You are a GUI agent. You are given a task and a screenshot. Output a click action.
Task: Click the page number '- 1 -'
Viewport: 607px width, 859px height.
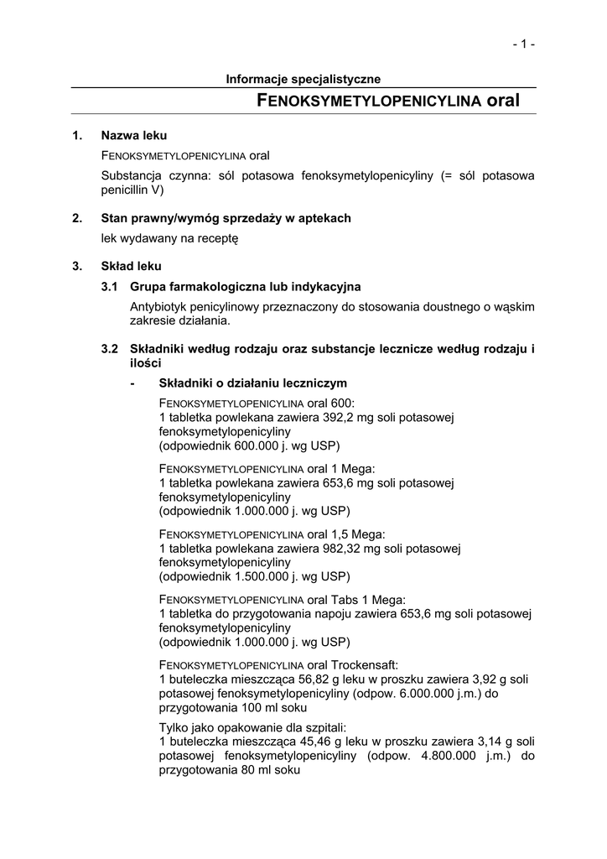pyautogui.click(x=524, y=44)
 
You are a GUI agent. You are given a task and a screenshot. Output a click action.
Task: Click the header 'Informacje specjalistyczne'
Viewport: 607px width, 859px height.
pyautogui.click(x=303, y=79)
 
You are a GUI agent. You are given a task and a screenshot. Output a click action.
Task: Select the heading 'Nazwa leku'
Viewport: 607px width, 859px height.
pyautogui.click(x=134, y=135)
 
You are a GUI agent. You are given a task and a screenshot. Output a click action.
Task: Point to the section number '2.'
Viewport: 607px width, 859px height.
pyautogui.click(x=77, y=218)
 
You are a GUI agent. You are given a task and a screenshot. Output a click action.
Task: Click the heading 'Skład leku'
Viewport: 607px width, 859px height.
pyautogui.click(x=131, y=267)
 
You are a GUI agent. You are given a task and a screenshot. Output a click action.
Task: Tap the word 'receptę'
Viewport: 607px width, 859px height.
pyautogui.click(x=218, y=238)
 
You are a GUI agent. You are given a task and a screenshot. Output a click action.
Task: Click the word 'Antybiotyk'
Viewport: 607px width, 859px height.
pyautogui.click(x=158, y=307)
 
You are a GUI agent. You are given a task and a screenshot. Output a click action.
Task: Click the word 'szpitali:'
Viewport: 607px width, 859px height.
pyautogui.click(x=320, y=727)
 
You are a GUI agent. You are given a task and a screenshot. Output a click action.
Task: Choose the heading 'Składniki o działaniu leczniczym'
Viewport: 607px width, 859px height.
pyautogui.click(x=252, y=383)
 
